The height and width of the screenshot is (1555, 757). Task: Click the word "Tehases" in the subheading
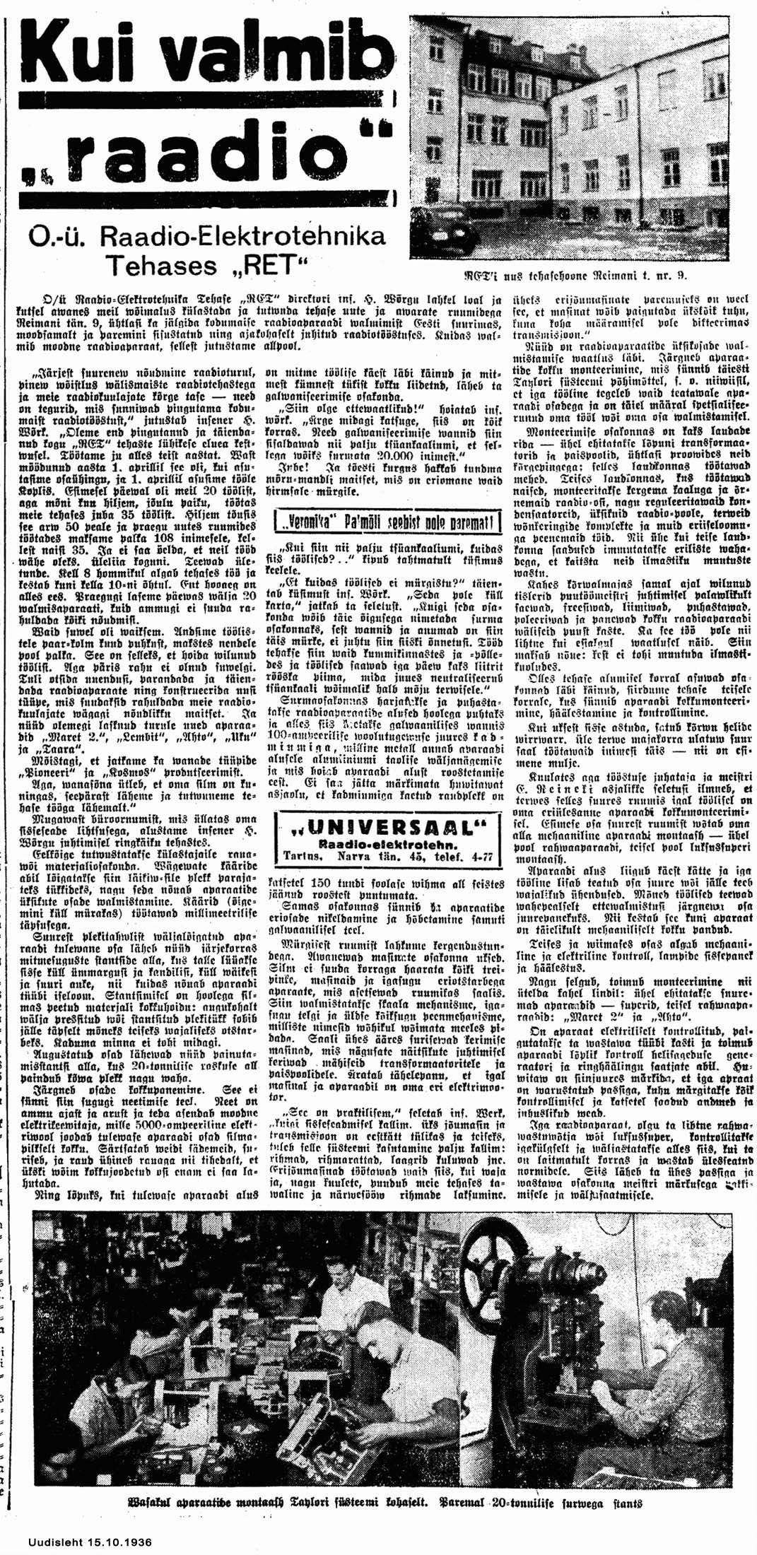click(161, 266)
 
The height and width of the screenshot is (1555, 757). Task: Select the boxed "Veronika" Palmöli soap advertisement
click(387, 523)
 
